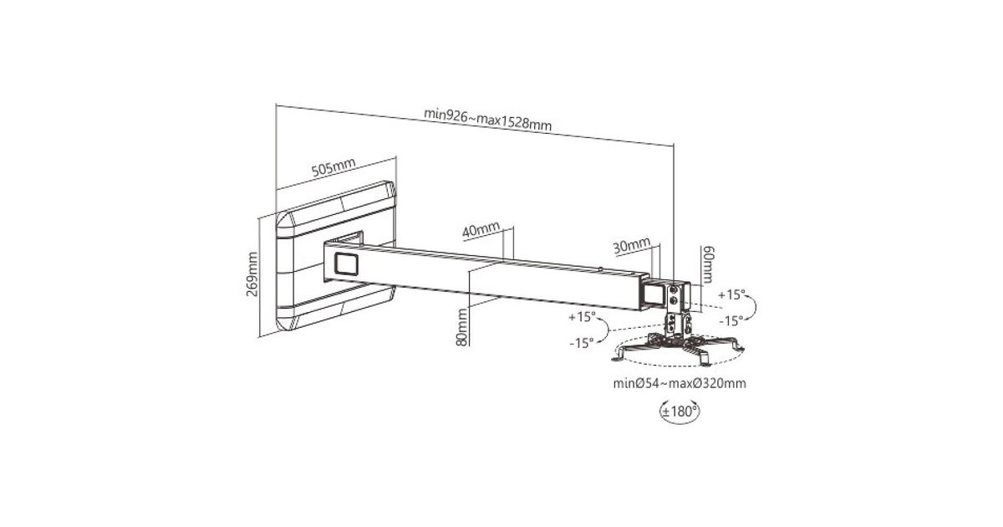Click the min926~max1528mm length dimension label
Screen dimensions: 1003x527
pos(487,120)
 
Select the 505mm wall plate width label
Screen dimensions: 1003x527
pos(333,167)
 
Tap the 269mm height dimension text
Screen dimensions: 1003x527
pos(252,274)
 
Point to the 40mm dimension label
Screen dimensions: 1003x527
pos(481,229)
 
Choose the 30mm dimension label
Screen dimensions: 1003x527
pos(631,246)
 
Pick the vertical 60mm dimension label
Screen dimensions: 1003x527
pos(707,264)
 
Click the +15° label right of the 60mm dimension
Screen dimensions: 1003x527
pos(731,294)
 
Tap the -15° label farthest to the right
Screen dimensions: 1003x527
pos(731,320)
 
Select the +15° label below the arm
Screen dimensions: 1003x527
pos(582,316)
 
